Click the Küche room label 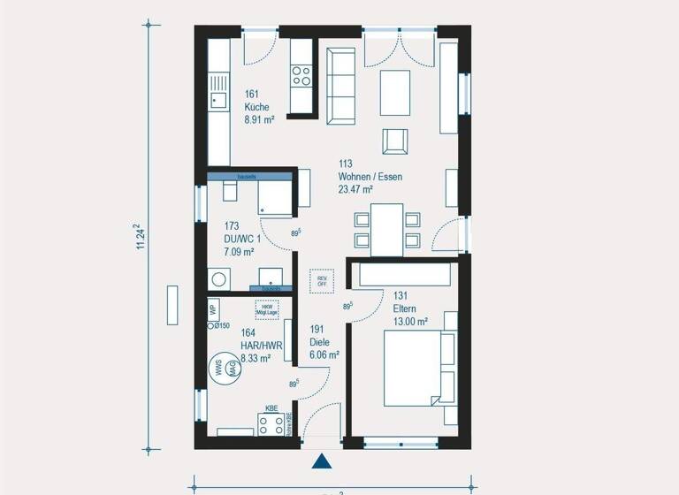tap(256, 108)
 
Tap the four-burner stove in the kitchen tap(301, 75)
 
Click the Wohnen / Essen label tap(370, 177)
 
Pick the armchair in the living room tap(395, 141)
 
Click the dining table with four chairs tap(387, 229)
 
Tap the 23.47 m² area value tap(355, 189)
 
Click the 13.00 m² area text tap(411, 321)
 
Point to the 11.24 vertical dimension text tap(139, 238)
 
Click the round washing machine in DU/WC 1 tap(217, 279)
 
